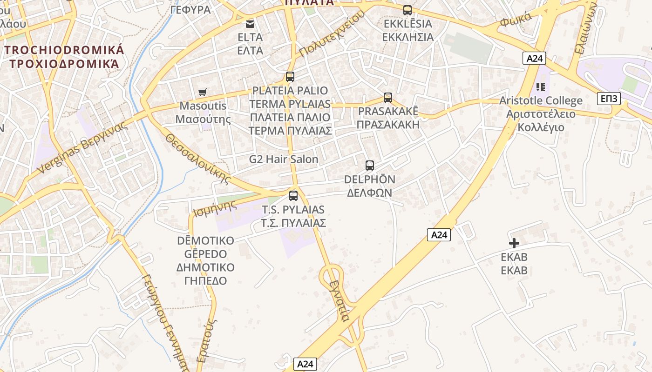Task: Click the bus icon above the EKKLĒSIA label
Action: (x=407, y=10)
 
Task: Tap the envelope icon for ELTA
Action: (x=251, y=24)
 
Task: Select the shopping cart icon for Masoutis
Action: (x=203, y=92)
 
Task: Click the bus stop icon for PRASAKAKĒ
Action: (x=388, y=98)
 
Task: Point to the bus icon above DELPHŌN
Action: (x=370, y=165)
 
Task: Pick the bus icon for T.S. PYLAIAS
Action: (x=293, y=195)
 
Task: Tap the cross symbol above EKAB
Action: (x=514, y=243)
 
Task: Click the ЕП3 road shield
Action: (x=609, y=99)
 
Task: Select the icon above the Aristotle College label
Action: (x=541, y=86)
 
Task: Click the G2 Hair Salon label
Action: (x=284, y=159)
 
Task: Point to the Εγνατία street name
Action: (x=339, y=301)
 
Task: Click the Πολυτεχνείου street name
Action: (x=332, y=33)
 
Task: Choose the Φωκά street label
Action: (x=516, y=20)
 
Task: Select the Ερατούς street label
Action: (x=207, y=340)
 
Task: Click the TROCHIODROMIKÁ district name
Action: (x=64, y=50)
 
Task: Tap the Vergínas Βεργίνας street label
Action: (x=82, y=147)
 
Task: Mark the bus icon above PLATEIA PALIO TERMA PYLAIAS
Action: (x=290, y=77)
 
